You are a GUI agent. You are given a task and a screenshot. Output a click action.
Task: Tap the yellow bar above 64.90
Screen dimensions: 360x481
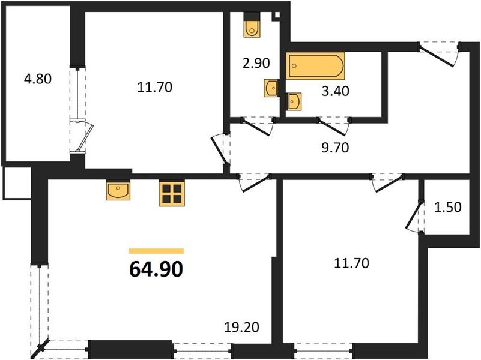click(156, 251)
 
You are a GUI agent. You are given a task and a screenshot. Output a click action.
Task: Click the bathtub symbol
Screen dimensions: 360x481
click(316, 66)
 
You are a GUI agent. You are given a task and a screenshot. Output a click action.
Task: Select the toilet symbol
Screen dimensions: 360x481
click(252, 26)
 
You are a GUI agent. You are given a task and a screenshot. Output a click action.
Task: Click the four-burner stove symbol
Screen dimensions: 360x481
click(171, 193)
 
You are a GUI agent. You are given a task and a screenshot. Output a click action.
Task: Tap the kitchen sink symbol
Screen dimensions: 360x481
click(118, 191)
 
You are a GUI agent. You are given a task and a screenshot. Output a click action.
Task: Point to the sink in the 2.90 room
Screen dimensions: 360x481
click(271, 88)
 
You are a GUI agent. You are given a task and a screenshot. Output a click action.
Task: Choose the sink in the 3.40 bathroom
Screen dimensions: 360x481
click(294, 101)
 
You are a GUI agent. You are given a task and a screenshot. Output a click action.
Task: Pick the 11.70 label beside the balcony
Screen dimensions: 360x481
click(156, 88)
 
